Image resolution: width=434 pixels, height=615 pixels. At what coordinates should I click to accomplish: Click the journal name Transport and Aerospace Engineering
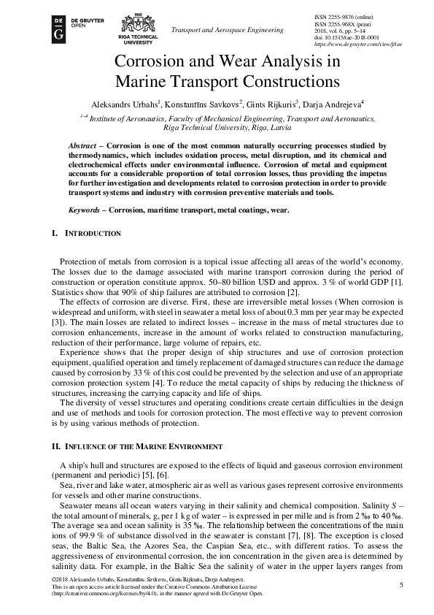tap(226, 30)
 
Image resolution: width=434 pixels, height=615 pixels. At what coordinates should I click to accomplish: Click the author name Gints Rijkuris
tap(269, 103)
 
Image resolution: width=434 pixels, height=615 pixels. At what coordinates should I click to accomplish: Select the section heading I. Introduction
tap(85, 233)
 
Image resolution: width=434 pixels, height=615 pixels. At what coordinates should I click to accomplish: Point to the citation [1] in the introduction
tap(379, 282)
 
